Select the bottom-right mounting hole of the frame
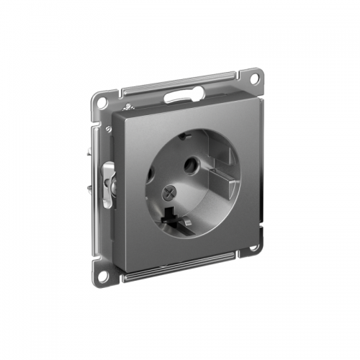(253, 249)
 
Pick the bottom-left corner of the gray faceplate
(117, 258)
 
